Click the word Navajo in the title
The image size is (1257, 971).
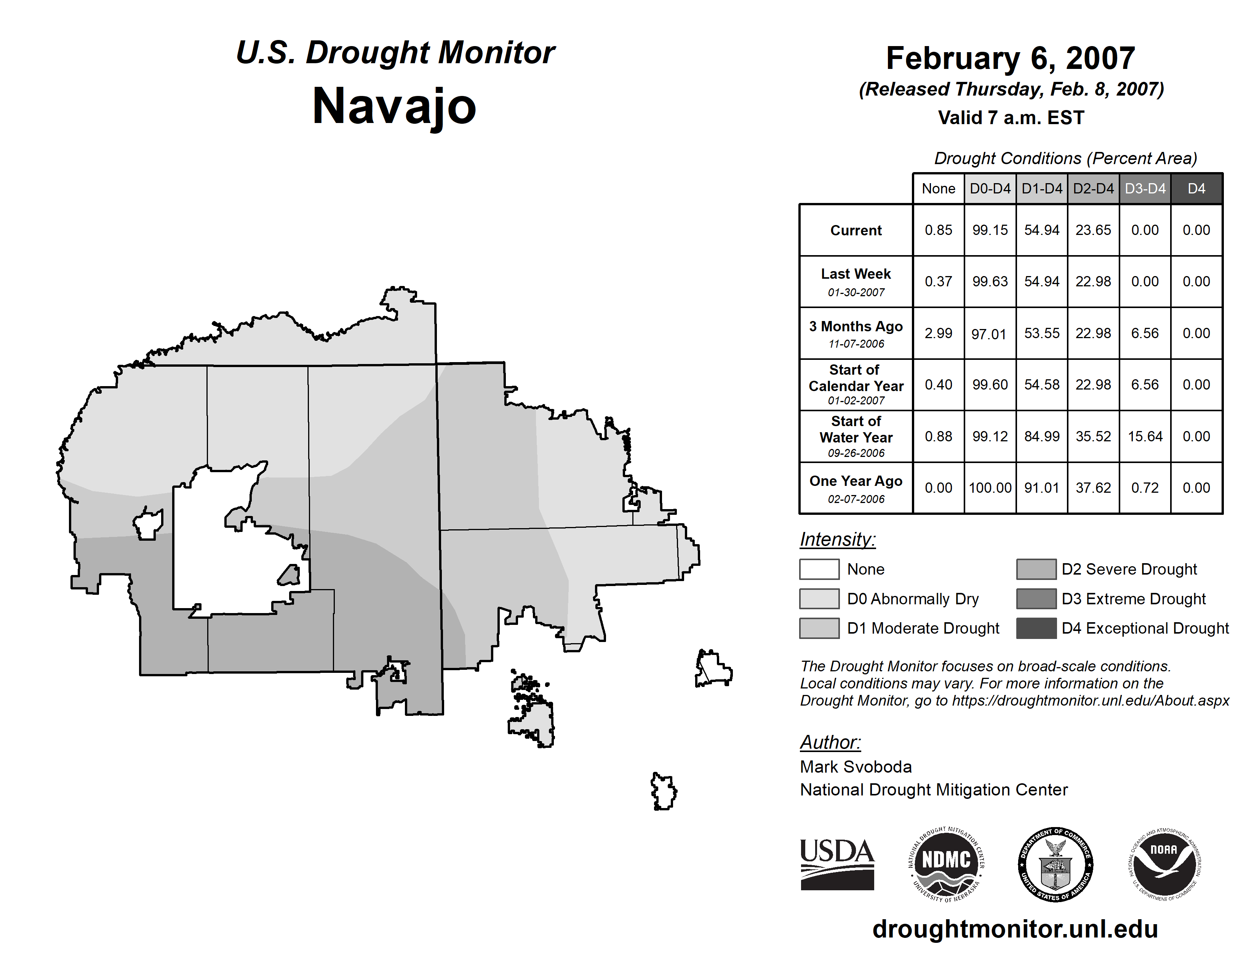[394, 106]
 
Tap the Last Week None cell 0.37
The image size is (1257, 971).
[938, 281]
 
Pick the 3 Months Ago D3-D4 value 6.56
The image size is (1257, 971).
[1144, 333]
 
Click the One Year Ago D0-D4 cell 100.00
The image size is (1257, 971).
[990, 488]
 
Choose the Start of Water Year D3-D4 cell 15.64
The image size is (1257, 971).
[1144, 437]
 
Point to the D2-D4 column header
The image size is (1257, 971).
[1093, 188]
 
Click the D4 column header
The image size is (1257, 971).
[1196, 188]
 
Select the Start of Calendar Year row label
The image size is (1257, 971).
[856, 384]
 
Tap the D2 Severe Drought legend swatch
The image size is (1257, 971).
[1036, 569]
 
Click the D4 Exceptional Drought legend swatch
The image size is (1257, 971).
[1036, 628]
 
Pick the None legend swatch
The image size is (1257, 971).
[819, 569]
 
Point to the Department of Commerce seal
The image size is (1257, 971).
[1055, 864]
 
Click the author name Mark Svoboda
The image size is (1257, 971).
[856, 767]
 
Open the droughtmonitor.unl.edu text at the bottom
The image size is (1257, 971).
[1015, 929]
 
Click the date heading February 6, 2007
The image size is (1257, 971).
[1011, 59]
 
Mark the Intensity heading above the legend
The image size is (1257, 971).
[837, 540]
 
